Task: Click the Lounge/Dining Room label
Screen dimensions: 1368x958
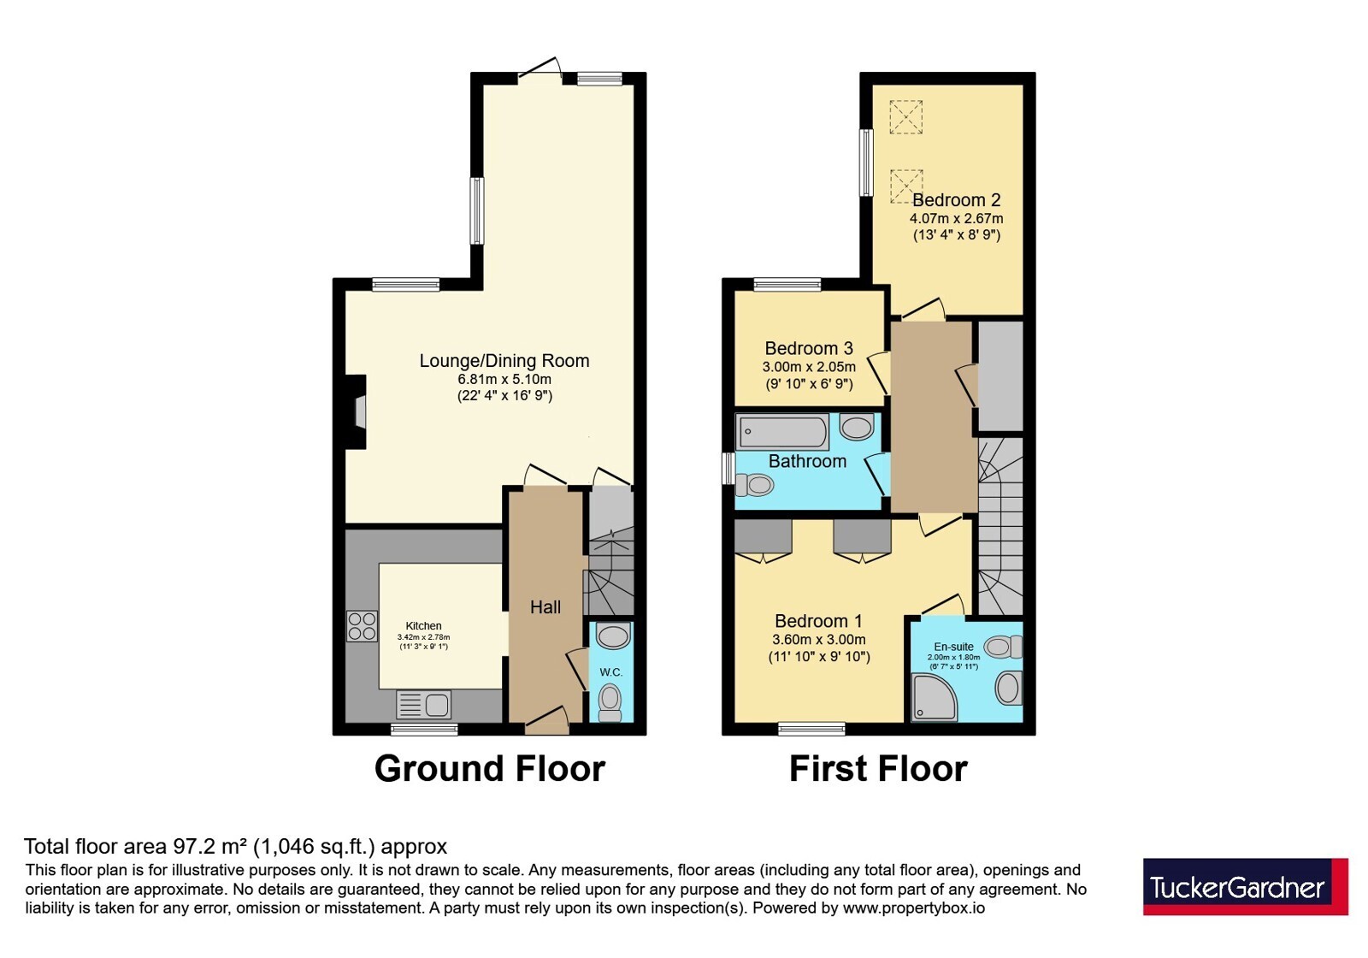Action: (x=504, y=360)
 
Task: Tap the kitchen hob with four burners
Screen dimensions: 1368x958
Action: (x=363, y=626)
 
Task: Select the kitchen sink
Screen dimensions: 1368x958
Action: (x=424, y=705)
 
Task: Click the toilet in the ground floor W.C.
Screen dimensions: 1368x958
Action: (x=610, y=702)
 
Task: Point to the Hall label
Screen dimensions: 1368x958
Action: (x=545, y=606)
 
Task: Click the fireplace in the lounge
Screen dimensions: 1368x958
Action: (x=356, y=412)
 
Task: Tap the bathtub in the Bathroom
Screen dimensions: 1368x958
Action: (x=782, y=431)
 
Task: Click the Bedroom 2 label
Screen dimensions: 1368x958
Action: (x=957, y=200)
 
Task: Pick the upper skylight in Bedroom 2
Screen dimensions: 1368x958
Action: (x=905, y=116)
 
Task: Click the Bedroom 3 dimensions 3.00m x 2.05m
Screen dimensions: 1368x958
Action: (x=809, y=368)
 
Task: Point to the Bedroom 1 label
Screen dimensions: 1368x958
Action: (x=818, y=621)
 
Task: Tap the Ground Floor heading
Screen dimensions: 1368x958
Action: (x=490, y=769)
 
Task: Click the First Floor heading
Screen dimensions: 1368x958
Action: (x=878, y=769)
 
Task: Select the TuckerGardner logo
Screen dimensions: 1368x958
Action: (x=1245, y=886)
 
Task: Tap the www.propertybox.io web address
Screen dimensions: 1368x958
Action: (x=914, y=908)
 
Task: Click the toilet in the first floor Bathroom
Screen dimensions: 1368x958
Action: (x=755, y=486)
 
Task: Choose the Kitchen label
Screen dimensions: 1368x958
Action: (x=423, y=625)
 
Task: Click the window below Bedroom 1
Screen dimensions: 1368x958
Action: (x=811, y=728)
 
